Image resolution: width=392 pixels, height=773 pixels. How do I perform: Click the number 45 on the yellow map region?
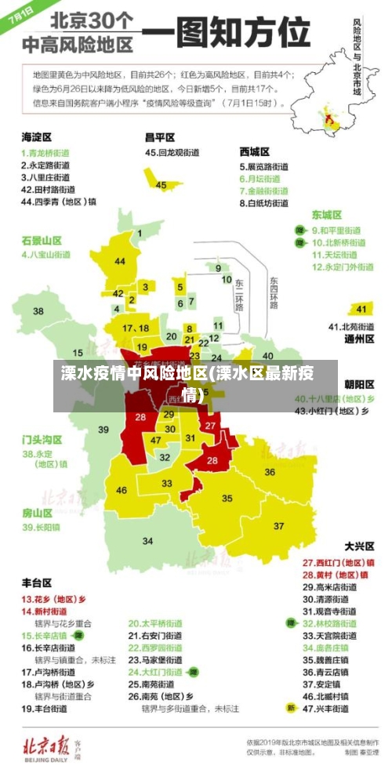pyautogui.click(x=161, y=185)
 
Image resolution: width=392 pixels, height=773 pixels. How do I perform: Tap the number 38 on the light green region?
pyautogui.click(x=38, y=311)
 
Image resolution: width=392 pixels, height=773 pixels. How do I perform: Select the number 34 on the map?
pyautogui.click(x=147, y=541)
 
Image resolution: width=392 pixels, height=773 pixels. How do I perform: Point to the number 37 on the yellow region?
pyautogui.click(x=278, y=525)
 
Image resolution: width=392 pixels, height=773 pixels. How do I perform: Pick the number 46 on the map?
pyautogui.click(x=122, y=491)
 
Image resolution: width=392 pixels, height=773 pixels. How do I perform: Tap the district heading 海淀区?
pyautogui.click(x=36, y=137)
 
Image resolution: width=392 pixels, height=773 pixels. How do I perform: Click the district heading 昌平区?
pyautogui.click(x=160, y=136)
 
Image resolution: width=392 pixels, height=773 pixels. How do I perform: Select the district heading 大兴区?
pyautogui.click(x=360, y=546)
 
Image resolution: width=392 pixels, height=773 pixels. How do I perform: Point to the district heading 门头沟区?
pyautogui.click(x=42, y=439)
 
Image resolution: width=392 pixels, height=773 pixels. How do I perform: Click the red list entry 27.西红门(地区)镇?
pyautogui.click(x=339, y=562)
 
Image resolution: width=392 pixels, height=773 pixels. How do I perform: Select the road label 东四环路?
pyautogui.click(x=274, y=292)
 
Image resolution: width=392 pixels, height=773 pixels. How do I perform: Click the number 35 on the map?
pyautogui.click(x=227, y=498)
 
